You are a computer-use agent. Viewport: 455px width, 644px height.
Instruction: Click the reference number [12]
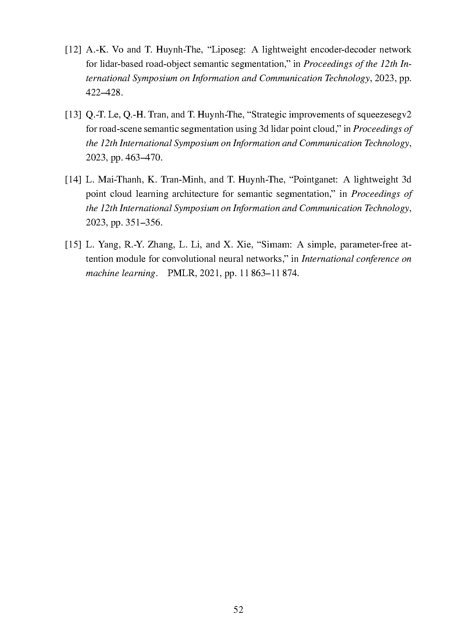73,50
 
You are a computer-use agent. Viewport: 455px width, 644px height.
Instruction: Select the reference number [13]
73,115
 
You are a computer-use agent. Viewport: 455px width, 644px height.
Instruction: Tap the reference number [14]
73,180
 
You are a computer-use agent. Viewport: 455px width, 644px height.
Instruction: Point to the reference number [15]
73,245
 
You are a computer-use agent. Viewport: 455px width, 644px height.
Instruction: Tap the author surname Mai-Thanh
120,180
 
